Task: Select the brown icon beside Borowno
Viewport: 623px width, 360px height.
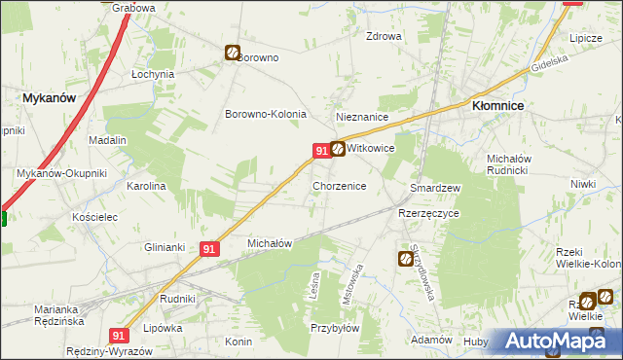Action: (x=233, y=54)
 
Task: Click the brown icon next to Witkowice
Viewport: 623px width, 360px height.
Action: (x=338, y=149)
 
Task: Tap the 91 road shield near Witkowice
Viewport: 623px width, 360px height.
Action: (x=320, y=150)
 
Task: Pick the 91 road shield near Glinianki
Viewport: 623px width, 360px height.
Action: (x=208, y=249)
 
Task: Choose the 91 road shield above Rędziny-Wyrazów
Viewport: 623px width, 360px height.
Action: (x=118, y=335)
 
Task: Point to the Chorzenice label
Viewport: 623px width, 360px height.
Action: (x=339, y=185)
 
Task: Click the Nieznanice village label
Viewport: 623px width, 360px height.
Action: (x=362, y=117)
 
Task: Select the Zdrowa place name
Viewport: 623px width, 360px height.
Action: (x=384, y=37)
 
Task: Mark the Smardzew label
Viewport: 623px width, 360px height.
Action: (x=435, y=187)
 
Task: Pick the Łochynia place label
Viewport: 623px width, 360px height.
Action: (x=153, y=74)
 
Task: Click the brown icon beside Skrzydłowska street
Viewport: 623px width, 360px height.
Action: (x=405, y=258)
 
